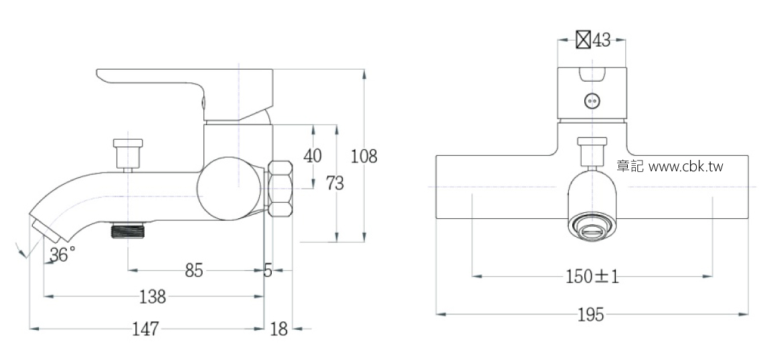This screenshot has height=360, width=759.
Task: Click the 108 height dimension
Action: (x=364, y=157)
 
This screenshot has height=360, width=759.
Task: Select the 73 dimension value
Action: (x=334, y=183)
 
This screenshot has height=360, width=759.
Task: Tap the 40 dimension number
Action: (x=313, y=156)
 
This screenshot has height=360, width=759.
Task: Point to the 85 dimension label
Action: (x=193, y=270)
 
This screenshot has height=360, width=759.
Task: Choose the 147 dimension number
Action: (x=145, y=329)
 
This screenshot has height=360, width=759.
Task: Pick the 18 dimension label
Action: (x=278, y=329)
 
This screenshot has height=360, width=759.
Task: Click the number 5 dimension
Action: (x=268, y=270)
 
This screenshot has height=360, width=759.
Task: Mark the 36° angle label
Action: (x=62, y=254)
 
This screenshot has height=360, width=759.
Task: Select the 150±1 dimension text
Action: (x=592, y=276)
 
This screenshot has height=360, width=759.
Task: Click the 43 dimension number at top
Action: (x=601, y=40)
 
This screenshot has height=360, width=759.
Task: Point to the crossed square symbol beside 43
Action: (x=583, y=40)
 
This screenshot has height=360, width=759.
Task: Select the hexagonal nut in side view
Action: (x=280, y=189)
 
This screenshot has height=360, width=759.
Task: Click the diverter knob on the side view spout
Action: (x=128, y=153)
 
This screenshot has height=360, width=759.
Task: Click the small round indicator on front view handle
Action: (x=592, y=101)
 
